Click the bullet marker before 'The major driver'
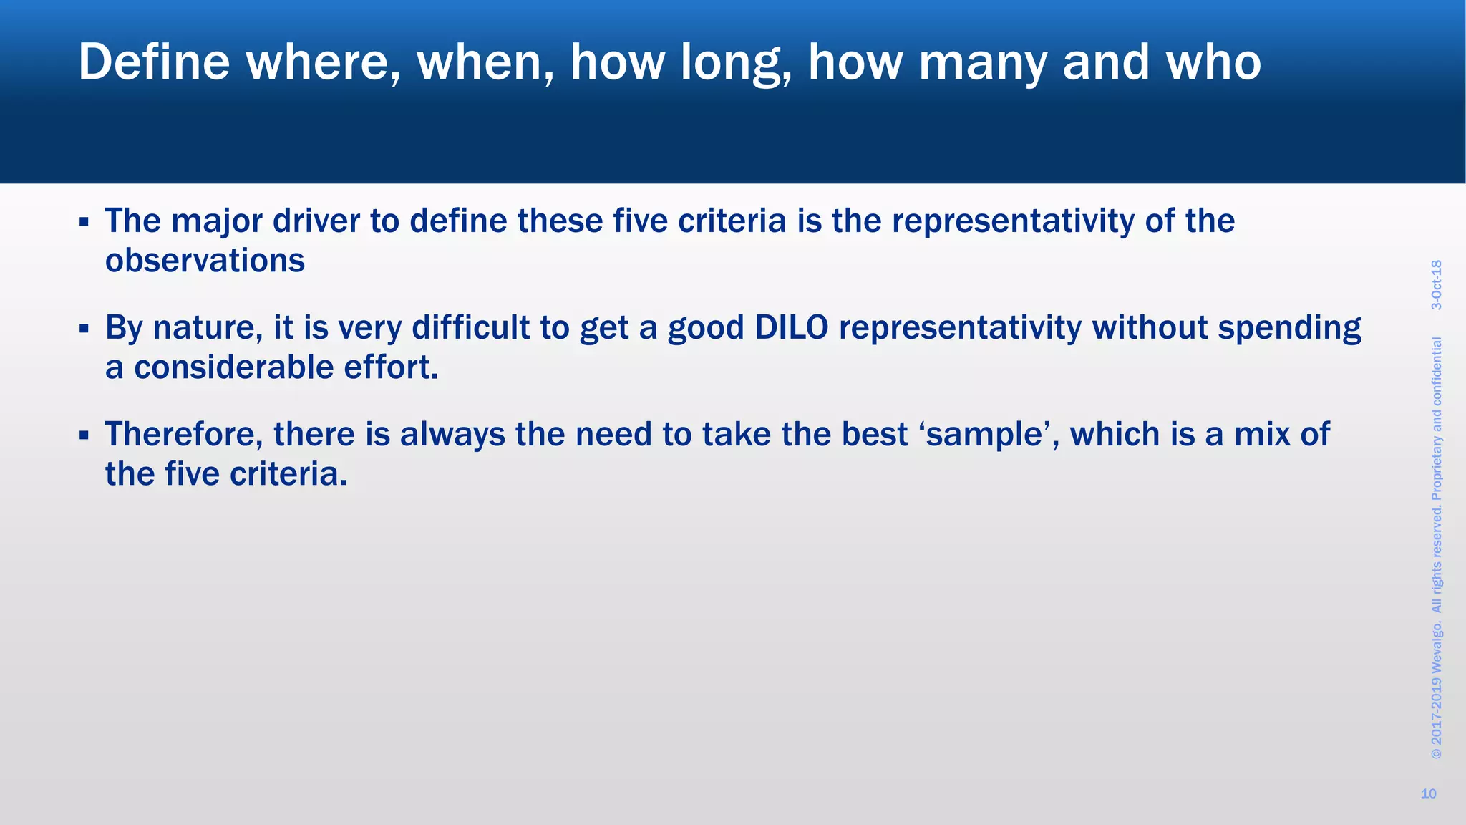pos(84,222)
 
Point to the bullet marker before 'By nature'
pos(84,329)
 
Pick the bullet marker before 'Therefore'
pos(84,435)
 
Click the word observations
pos(205,261)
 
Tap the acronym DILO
pos(791,327)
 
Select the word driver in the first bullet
pos(316,221)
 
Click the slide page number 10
pos(1428,793)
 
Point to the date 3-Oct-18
pos(1437,284)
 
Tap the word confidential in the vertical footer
pos(1437,372)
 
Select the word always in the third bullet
pos(452,435)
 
